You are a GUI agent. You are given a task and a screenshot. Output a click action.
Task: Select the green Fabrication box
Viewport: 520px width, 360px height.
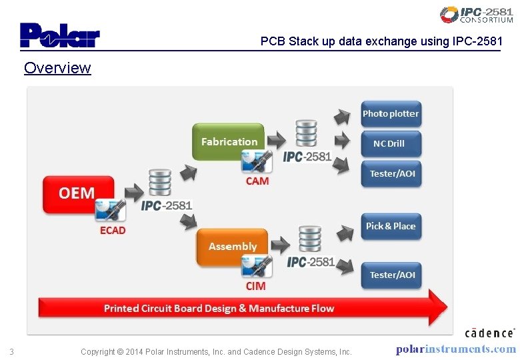point(229,141)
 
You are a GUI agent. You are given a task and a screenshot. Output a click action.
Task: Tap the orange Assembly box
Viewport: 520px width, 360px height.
point(232,246)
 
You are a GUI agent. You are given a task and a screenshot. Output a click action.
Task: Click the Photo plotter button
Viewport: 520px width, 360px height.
point(391,114)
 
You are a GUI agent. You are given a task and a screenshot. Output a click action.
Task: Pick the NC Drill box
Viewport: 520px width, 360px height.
point(391,143)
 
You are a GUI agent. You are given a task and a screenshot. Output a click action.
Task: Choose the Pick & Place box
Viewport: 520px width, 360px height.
point(391,226)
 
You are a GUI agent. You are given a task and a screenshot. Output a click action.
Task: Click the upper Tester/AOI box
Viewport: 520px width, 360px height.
point(391,173)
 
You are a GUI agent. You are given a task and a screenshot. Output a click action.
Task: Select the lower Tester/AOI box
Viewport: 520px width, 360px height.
point(391,275)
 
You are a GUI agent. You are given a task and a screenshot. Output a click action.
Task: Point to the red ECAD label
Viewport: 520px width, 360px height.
point(112,231)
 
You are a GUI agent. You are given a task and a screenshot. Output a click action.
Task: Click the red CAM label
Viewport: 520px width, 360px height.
point(257,181)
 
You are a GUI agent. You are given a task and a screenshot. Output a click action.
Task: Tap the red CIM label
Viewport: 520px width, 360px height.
point(255,286)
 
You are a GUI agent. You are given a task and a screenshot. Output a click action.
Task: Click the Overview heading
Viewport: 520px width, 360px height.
point(57,68)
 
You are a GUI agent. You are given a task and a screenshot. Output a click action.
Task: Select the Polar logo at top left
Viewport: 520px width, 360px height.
point(60,35)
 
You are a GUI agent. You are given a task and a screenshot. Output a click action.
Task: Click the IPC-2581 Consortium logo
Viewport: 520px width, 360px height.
point(476,15)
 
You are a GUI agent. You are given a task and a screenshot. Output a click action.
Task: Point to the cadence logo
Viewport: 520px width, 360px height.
point(489,333)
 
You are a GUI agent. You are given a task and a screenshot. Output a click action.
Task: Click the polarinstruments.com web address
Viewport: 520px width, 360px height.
point(456,349)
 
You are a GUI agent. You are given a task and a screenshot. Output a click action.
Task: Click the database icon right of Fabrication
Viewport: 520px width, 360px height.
point(306,134)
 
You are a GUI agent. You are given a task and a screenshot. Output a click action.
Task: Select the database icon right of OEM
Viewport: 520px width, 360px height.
point(159,183)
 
